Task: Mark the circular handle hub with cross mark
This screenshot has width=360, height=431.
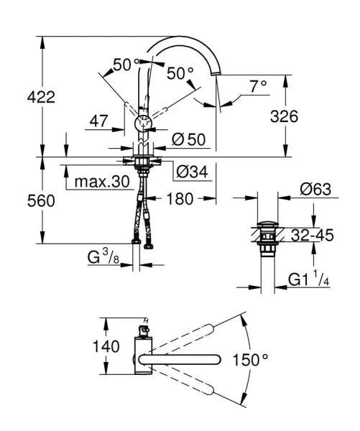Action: [x=144, y=123]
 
